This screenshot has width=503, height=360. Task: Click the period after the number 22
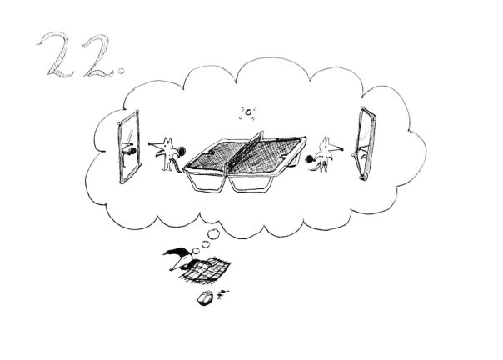(121, 71)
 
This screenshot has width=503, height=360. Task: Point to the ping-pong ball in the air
(248, 112)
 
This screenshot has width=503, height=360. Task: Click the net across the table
(245, 150)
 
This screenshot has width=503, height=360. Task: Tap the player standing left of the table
(167, 153)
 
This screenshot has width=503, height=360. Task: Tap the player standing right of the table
(326, 154)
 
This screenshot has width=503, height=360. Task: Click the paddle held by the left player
(182, 150)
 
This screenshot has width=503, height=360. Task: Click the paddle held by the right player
(310, 158)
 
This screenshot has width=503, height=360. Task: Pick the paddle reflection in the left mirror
(132, 150)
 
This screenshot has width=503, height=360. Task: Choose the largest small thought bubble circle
(212, 234)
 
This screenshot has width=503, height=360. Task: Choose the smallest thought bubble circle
(195, 251)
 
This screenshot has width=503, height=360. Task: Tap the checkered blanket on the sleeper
(207, 270)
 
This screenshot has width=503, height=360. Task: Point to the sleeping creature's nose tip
(171, 270)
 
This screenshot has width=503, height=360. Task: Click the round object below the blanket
(205, 298)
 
